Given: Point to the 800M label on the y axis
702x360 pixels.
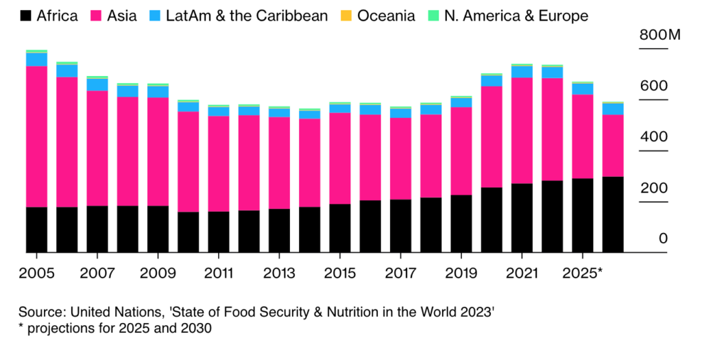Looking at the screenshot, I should coord(660,36).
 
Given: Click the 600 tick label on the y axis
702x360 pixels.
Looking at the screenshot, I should coord(653,86).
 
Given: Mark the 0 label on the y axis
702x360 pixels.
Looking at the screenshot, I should coord(663,239).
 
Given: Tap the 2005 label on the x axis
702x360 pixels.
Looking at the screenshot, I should coord(36,272).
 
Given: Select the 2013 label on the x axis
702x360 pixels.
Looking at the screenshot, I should coord(279,272).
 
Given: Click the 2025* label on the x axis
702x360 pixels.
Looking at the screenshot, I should coord(583,272).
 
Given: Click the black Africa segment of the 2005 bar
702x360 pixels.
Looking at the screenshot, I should coord(36,230).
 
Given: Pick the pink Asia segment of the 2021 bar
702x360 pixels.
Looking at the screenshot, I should coord(522,130).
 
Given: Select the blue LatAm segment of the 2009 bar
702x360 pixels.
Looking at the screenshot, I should coord(158,92).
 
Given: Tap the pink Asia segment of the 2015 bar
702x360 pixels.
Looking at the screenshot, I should coord(340,158).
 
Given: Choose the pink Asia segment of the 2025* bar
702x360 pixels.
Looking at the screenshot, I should coord(583,136).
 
